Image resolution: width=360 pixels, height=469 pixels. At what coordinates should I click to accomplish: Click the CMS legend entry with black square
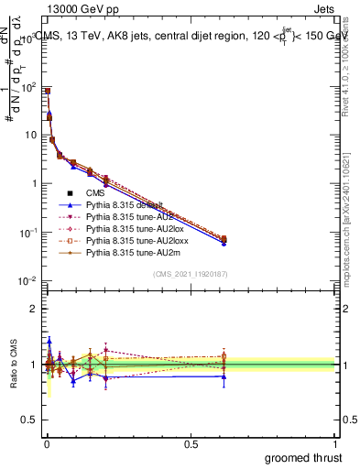(97, 193)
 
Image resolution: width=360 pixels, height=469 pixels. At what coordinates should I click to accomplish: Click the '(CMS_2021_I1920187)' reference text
(191, 274)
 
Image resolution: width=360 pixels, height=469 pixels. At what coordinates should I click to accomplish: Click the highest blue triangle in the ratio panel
(49, 340)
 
